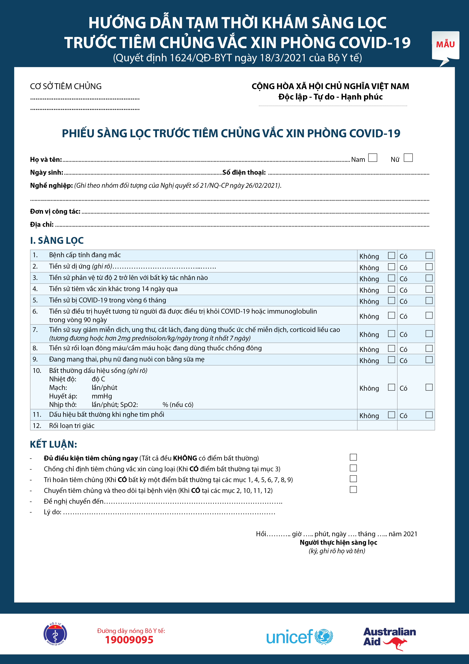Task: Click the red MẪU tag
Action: pos(445,44)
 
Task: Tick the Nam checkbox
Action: pos(373,158)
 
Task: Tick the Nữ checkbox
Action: pos(408,158)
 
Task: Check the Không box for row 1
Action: pos(391,255)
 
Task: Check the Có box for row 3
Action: pos(429,278)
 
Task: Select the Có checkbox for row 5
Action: pos(429,300)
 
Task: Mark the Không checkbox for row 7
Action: pos(391,334)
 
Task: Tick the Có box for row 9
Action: pos(429,359)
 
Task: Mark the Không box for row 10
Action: pos(391,387)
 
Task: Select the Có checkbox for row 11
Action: pos(429,415)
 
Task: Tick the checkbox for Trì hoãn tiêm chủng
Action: pos(353,479)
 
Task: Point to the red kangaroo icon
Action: pos(396,643)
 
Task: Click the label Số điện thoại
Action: pos(244,172)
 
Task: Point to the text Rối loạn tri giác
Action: pos(72,426)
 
